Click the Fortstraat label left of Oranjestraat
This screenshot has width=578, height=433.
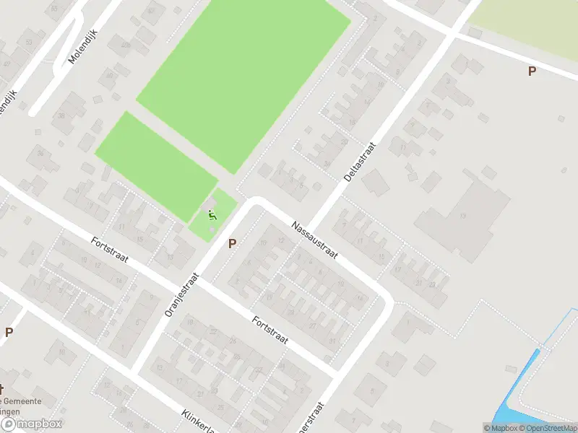click(109, 250)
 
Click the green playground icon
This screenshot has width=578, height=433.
click(212, 214)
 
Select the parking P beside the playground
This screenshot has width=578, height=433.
click(232, 244)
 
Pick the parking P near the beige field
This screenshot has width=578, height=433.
click(532, 71)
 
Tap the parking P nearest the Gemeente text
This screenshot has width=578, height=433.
click(9, 333)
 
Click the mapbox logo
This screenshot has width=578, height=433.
click(31, 424)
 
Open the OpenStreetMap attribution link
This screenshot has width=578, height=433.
click(547, 428)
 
